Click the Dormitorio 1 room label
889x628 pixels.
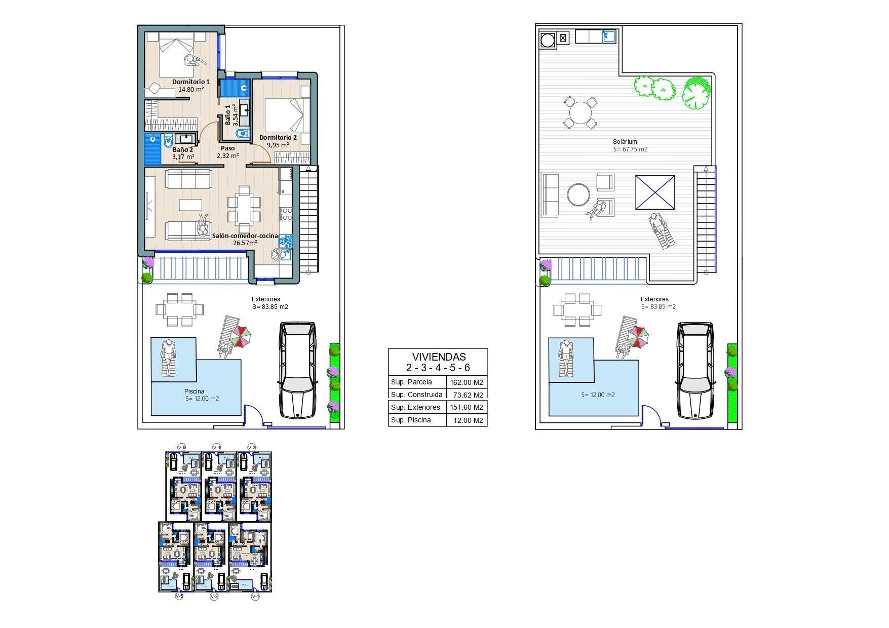pos(190,82)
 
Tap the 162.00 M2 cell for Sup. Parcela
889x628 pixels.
pos(467,382)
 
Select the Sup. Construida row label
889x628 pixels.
pos(417,395)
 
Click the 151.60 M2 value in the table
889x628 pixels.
pos(467,407)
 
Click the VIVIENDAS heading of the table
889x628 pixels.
pos(438,357)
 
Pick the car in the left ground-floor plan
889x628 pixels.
pos(297,370)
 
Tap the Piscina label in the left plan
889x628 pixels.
pos(195,391)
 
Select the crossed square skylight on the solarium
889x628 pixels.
pos(655,192)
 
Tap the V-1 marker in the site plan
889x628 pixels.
pos(255,597)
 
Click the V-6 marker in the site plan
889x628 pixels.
pos(182,447)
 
